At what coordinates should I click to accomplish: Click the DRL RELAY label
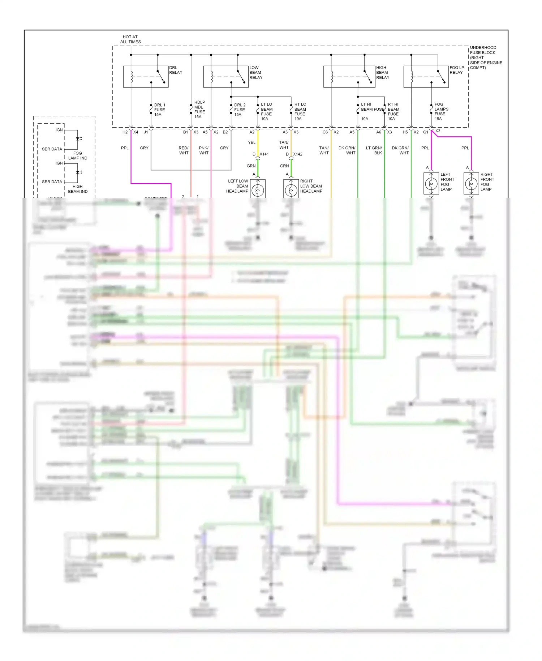(176, 70)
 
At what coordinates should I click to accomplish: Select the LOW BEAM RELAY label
(256, 73)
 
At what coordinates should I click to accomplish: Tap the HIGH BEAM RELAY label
(383, 73)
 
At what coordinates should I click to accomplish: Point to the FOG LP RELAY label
(457, 70)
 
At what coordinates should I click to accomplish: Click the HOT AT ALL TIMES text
(130, 39)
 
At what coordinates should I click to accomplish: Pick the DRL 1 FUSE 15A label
(159, 110)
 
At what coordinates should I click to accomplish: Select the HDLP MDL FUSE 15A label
(199, 110)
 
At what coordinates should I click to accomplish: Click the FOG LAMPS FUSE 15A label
(441, 111)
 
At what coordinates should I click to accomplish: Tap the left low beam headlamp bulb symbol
(258, 189)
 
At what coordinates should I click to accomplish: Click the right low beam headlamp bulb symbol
(291, 189)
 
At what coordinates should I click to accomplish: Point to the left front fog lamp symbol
(431, 184)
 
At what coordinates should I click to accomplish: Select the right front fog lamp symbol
(471, 184)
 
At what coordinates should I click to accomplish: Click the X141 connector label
(264, 154)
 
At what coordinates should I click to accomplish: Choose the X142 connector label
(297, 154)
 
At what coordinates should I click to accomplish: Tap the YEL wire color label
(251, 142)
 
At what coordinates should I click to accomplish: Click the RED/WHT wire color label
(184, 150)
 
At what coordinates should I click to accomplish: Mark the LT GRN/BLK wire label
(374, 150)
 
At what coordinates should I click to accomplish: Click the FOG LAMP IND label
(78, 155)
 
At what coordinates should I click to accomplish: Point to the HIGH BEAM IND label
(78, 189)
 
